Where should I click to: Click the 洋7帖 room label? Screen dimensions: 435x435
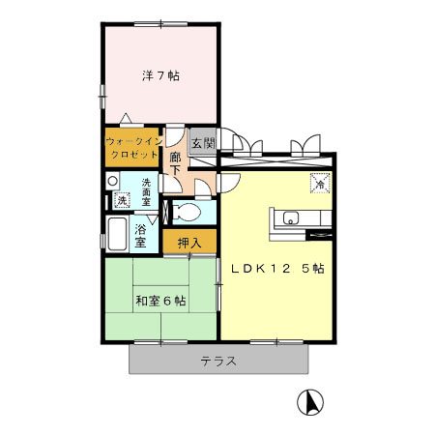click(x=160, y=75)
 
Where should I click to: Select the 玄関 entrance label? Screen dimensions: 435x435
click(x=203, y=143)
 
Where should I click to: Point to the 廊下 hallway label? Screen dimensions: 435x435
click(x=175, y=163)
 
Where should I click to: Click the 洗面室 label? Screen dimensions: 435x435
click(x=146, y=192)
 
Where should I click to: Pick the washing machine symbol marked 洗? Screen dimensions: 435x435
click(x=122, y=200)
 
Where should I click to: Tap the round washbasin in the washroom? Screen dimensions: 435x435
click(x=112, y=181)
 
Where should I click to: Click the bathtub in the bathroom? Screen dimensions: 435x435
click(x=117, y=234)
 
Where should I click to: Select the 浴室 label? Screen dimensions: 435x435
click(x=140, y=236)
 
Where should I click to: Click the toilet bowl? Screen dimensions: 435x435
click(x=187, y=213)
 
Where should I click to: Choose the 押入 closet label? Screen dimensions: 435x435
click(x=189, y=244)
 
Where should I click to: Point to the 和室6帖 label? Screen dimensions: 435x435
click(x=160, y=301)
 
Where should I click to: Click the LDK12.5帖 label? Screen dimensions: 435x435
click(x=277, y=269)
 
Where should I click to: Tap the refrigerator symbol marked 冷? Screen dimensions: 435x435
click(x=320, y=183)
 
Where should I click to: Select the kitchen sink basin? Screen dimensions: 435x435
click(x=291, y=218)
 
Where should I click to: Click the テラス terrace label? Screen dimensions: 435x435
click(x=218, y=362)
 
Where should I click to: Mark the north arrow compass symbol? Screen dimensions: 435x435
click(x=310, y=402)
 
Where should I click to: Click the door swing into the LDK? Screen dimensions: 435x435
click(x=229, y=183)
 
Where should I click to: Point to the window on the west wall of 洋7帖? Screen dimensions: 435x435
click(x=102, y=96)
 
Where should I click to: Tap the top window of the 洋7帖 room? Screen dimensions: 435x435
click(x=160, y=24)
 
